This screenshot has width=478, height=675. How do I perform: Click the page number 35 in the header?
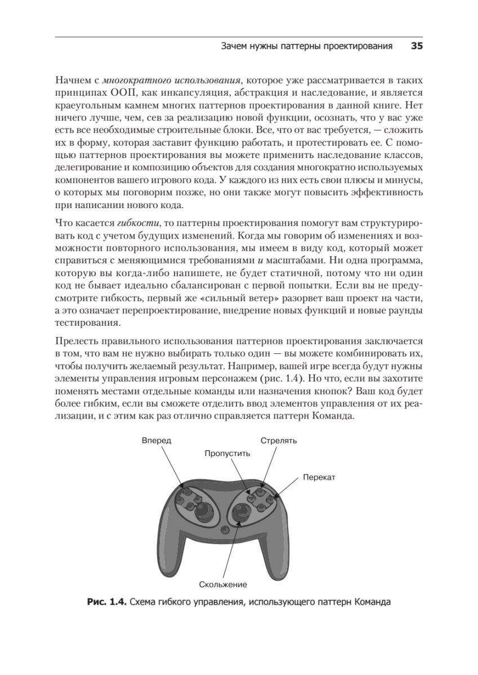(x=417, y=47)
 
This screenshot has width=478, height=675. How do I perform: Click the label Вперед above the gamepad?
(x=156, y=440)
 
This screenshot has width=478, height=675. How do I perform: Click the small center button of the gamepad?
(x=225, y=529)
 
